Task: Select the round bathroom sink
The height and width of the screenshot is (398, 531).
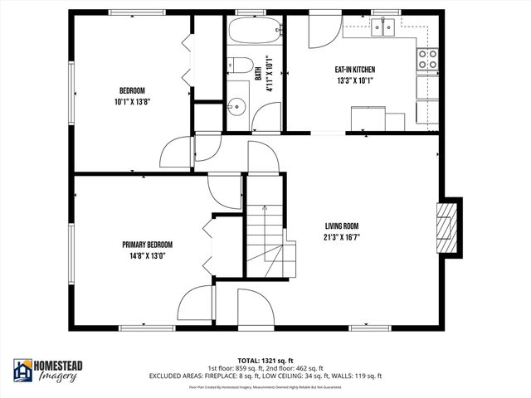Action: pyautogui.click(x=238, y=104)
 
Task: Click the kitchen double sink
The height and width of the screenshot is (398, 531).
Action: pyautogui.click(x=383, y=29)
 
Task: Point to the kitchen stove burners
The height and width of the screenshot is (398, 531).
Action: pyautogui.click(x=427, y=58)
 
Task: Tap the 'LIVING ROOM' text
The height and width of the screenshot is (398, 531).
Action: pyautogui.click(x=342, y=226)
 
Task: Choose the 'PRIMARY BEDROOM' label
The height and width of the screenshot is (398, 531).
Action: pyautogui.click(x=148, y=245)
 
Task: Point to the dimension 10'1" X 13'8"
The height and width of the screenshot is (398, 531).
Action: pyautogui.click(x=132, y=101)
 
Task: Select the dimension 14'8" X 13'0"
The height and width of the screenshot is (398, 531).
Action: pyautogui.click(x=148, y=255)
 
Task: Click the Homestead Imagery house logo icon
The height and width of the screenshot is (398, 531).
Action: pyautogui.click(x=22, y=371)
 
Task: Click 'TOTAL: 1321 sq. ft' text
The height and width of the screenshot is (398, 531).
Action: pyautogui.click(x=265, y=360)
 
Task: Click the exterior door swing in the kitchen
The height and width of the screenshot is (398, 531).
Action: pyautogui.click(x=321, y=32)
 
